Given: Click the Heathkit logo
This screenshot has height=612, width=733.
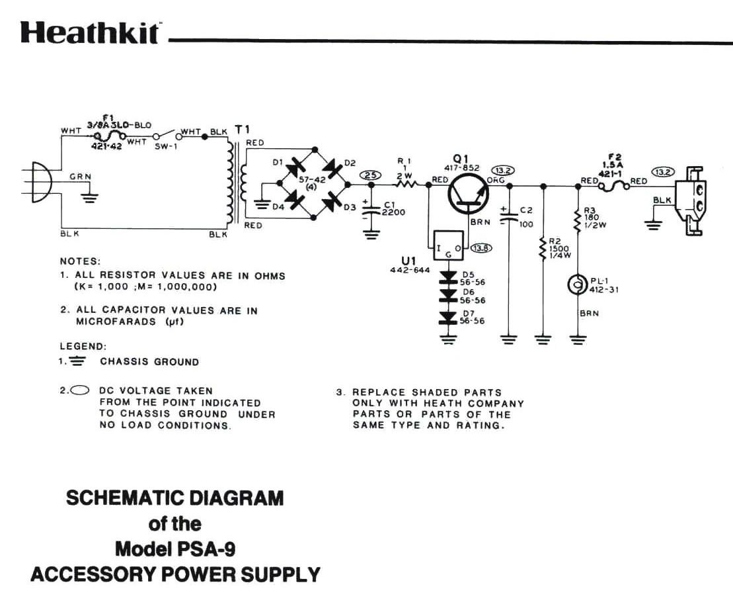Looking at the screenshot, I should pos(89,33).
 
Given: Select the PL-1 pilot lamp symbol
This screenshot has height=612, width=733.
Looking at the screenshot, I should pos(578,285).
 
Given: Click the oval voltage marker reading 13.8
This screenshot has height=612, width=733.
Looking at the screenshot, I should pos(481,248).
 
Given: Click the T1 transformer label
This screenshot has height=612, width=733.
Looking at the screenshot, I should pos(241,129).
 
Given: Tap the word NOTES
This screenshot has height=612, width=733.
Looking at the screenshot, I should pos(80,261).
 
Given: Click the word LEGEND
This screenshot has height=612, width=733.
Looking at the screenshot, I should pos(83,346).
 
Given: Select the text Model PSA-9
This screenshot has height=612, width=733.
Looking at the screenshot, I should pos(174,549).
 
